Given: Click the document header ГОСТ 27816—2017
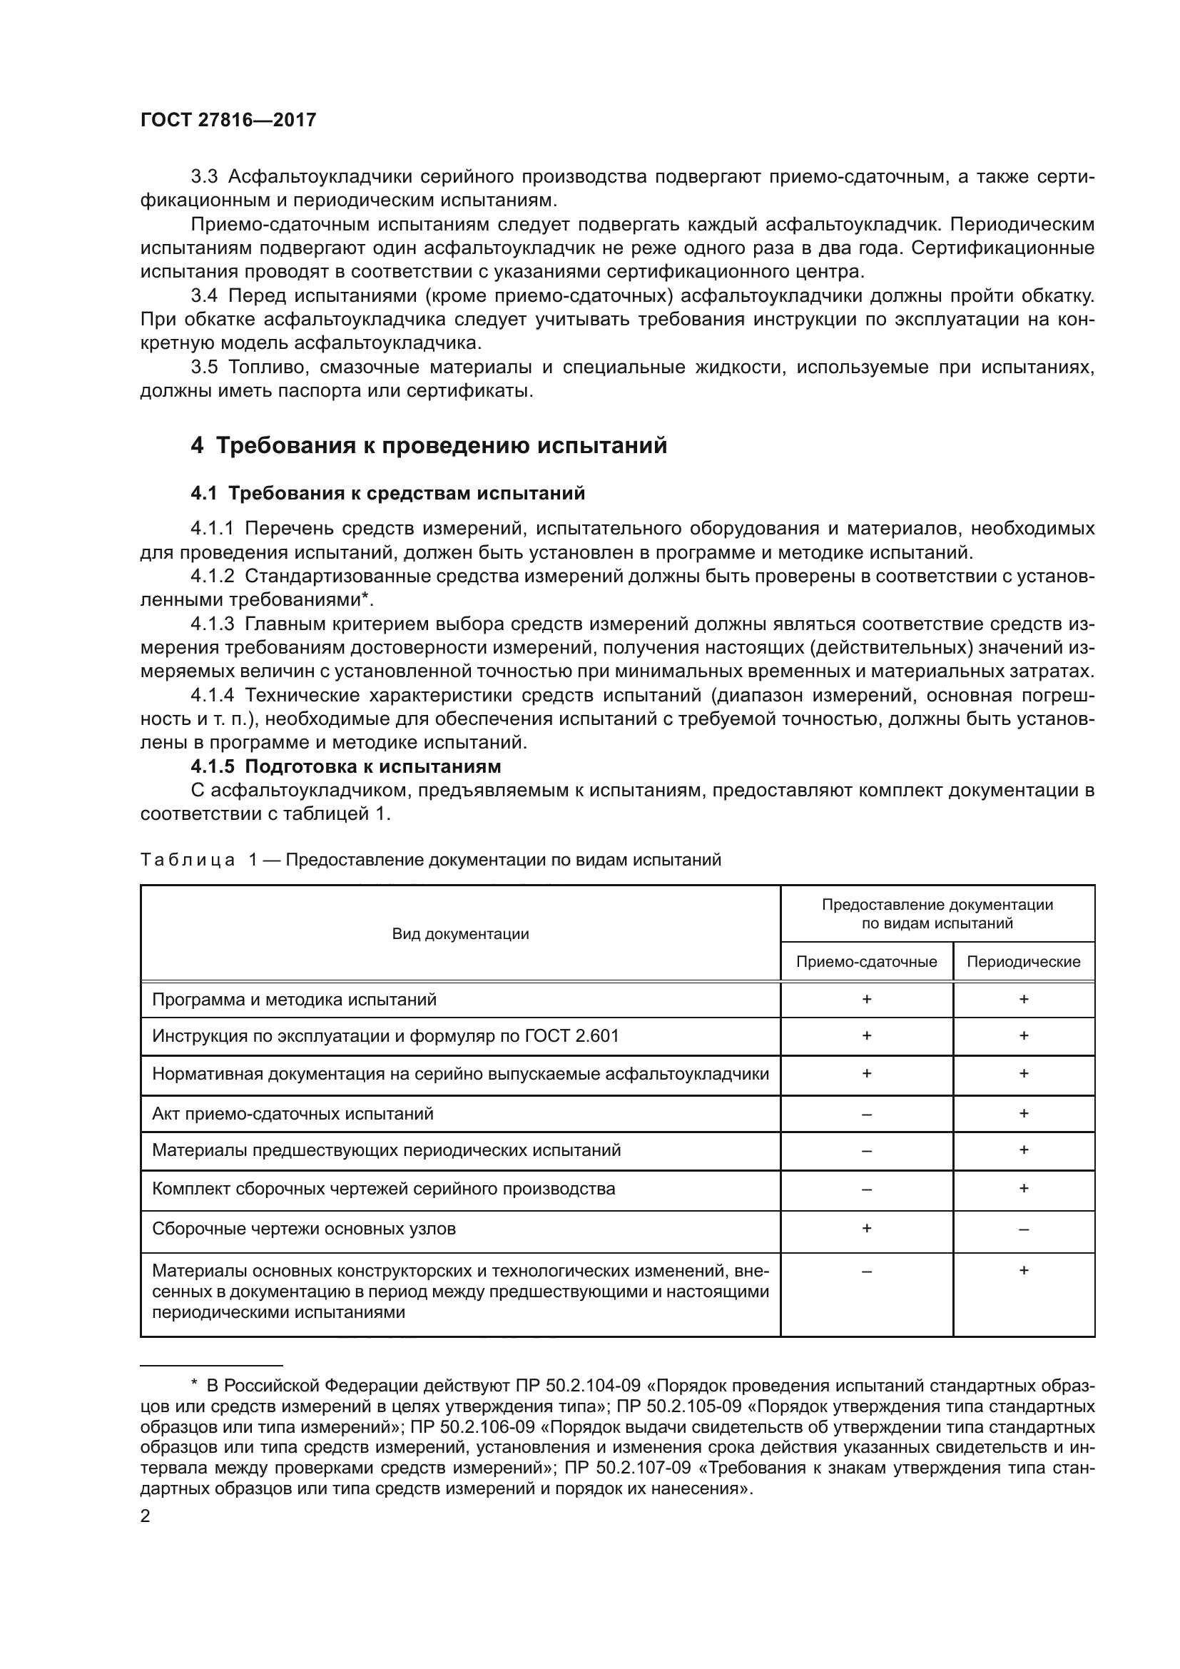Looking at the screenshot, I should (x=228, y=121).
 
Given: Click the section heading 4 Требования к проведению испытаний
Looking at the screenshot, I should (x=429, y=445).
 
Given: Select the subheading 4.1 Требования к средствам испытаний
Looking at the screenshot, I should (x=387, y=494).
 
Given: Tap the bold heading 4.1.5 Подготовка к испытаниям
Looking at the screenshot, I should (x=346, y=766).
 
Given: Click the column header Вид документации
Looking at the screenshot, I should (x=460, y=934).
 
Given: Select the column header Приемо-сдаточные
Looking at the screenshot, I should (x=866, y=962).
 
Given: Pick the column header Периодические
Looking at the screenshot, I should (x=1023, y=962).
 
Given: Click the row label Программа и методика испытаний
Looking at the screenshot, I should (x=294, y=1000).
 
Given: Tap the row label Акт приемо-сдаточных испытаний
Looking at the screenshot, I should (x=292, y=1114).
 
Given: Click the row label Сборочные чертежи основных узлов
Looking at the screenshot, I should (x=304, y=1229).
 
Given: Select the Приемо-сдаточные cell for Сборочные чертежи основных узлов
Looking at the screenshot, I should (x=866, y=1228).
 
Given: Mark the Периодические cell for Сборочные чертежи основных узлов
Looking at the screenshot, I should (x=1023, y=1229).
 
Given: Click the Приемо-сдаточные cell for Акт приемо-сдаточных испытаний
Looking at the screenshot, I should (x=866, y=1114).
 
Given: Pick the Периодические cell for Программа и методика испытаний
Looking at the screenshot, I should (x=1023, y=1000).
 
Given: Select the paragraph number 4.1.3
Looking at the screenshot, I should (x=212, y=624).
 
